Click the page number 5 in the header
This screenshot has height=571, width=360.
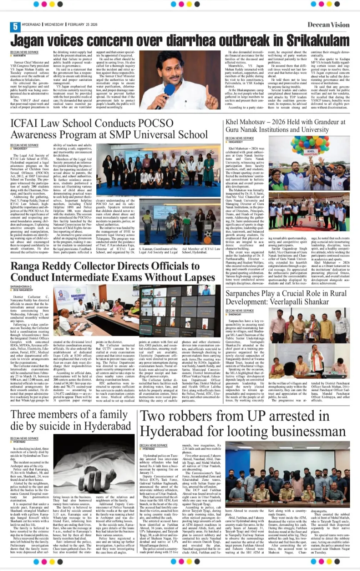tap(15, 26)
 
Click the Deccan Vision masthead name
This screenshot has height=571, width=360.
tap(328, 25)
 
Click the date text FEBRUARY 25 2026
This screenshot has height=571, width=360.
tap(82, 25)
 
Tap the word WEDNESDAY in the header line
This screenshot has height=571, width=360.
tap(54, 25)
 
